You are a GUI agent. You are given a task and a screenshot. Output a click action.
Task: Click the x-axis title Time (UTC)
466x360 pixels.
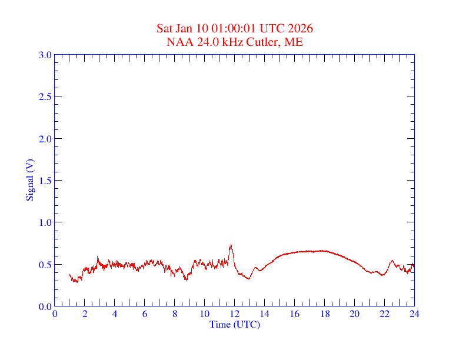click(x=235, y=324)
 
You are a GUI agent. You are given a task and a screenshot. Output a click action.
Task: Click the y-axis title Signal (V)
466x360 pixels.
click(x=29, y=180)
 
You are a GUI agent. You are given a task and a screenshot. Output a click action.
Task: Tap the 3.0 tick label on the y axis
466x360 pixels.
click(x=45, y=55)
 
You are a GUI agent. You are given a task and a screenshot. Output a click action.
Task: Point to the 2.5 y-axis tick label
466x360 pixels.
click(x=45, y=96)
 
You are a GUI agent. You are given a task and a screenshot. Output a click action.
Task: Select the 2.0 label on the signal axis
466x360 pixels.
click(x=45, y=139)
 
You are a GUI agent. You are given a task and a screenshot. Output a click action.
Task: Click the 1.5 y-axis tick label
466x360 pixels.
click(x=45, y=181)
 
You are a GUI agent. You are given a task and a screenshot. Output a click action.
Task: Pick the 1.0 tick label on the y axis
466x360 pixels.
click(x=45, y=222)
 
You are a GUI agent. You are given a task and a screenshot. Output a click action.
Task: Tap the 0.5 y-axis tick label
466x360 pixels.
click(x=45, y=265)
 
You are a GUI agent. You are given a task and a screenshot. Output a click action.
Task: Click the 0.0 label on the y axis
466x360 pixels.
click(x=45, y=306)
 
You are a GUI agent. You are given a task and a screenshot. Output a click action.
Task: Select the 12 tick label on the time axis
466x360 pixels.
click(x=235, y=314)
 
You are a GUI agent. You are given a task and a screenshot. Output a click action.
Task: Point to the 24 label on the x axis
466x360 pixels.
click(x=414, y=314)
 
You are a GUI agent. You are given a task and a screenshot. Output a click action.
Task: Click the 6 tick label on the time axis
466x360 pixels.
click(x=145, y=314)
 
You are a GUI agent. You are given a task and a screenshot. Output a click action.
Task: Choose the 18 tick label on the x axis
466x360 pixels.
click(x=324, y=314)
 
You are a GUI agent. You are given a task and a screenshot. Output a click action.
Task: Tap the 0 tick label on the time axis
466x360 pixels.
click(x=55, y=314)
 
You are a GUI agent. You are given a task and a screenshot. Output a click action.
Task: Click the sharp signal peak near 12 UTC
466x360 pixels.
click(x=231, y=245)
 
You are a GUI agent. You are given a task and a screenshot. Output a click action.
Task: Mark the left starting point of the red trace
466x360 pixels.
click(x=69, y=275)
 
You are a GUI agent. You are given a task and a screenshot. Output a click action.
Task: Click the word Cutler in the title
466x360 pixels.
click(x=265, y=42)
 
